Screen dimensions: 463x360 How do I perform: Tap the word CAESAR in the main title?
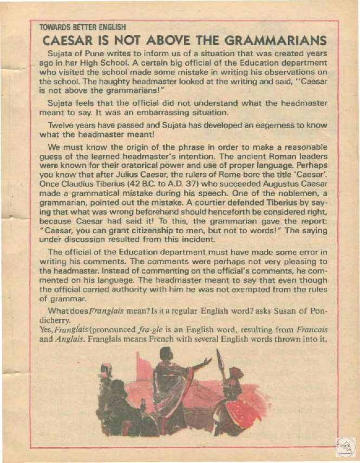66,41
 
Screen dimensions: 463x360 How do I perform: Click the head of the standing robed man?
166,355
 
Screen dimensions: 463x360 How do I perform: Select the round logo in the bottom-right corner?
345,447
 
